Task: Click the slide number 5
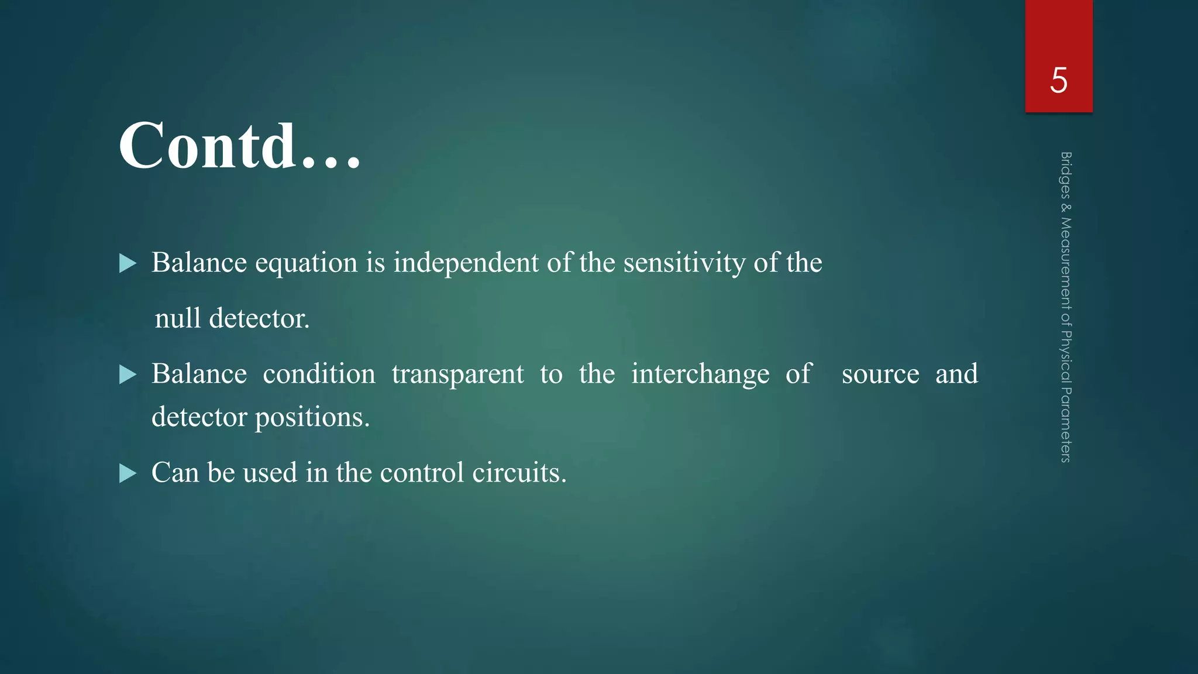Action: click(x=1058, y=80)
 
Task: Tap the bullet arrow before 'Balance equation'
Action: click(x=128, y=263)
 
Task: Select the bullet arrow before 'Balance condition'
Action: click(x=128, y=374)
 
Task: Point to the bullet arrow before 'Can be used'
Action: click(x=128, y=473)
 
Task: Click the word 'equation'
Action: click(x=306, y=263)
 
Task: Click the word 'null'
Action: click(x=177, y=318)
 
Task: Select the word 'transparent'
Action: click(x=457, y=374)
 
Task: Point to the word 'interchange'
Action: click(x=700, y=374)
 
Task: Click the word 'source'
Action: click(x=880, y=374)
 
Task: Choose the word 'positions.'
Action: click(x=312, y=417)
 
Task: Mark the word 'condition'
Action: click(x=319, y=374)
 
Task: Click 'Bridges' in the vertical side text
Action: click(x=1066, y=174)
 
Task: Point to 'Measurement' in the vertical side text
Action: click(x=1066, y=263)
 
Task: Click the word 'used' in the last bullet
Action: click(x=270, y=473)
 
